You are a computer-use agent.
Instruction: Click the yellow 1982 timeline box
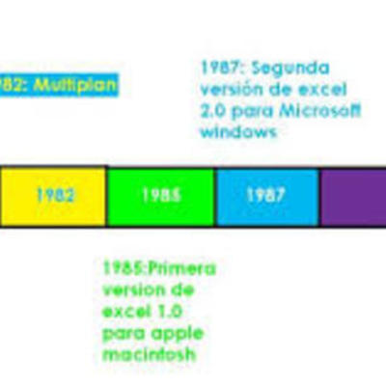pyautogui.click(x=53, y=196)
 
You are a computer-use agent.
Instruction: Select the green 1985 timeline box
pyautogui.click(x=160, y=196)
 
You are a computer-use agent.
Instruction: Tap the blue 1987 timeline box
pyautogui.click(x=265, y=196)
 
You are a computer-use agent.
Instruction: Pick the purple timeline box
pyautogui.click(x=352, y=196)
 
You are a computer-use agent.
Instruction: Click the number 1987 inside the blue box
pyautogui.click(x=265, y=196)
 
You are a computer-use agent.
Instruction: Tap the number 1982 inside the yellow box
pyautogui.click(x=54, y=196)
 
